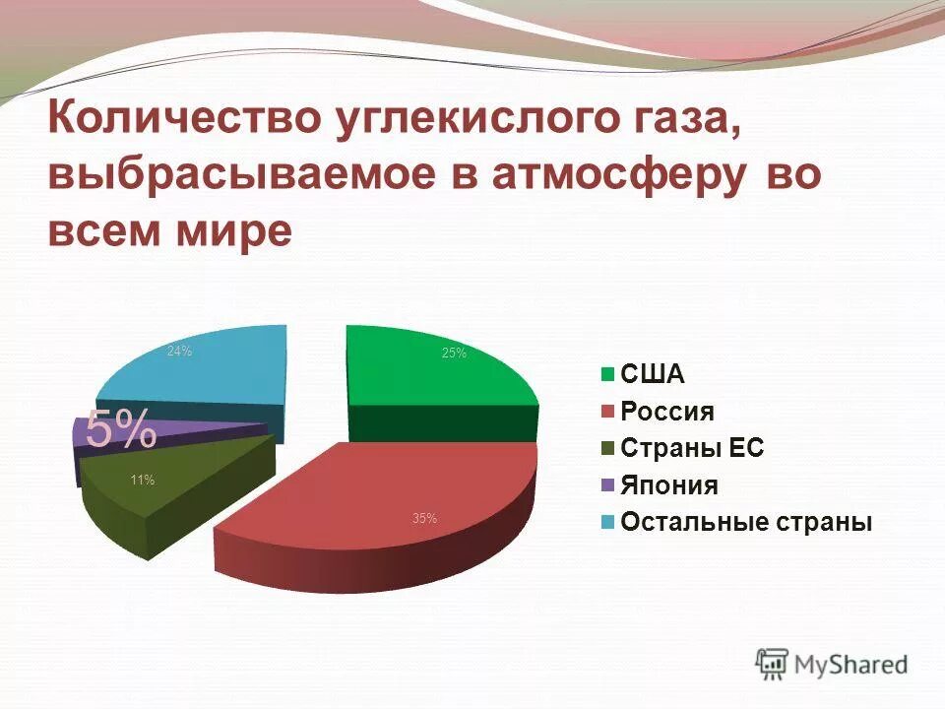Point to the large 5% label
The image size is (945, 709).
(x=120, y=428)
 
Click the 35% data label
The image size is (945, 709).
(x=424, y=518)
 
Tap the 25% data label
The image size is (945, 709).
(x=454, y=354)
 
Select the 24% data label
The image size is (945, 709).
(x=179, y=351)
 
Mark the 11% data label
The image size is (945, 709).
(x=142, y=481)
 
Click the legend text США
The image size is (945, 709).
(x=653, y=374)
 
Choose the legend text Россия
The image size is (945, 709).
(x=667, y=412)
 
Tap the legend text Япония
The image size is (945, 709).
(x=669, y=485)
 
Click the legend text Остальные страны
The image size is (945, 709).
(x=746, y=522)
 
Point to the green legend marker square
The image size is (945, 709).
(x=606, y=374)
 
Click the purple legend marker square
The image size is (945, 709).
(x=606, y=485)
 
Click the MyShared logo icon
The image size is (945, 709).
(x=772, y=664)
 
